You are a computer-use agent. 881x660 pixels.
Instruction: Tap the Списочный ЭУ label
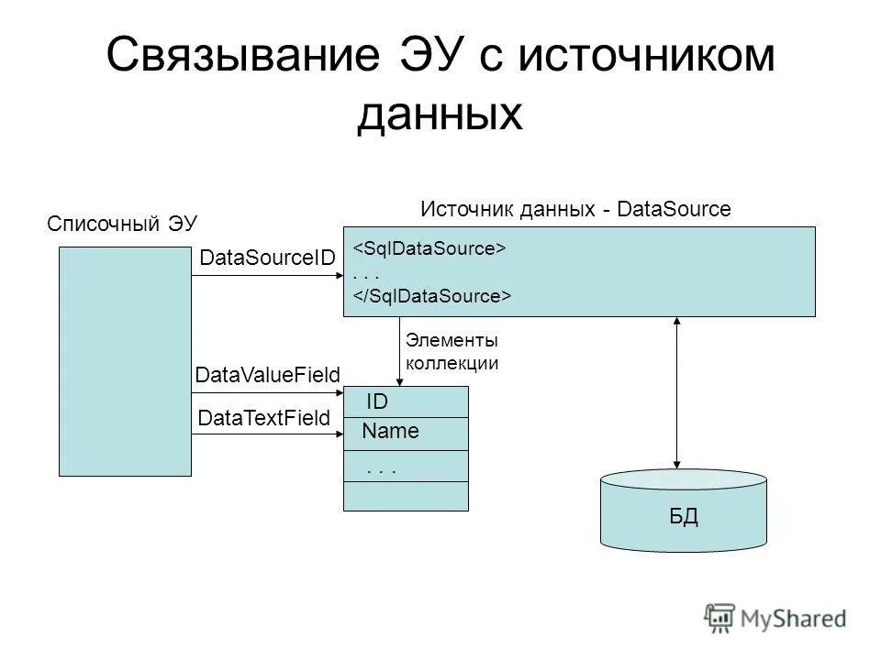tap(122, 224)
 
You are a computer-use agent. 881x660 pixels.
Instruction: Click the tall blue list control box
tap(127, 362)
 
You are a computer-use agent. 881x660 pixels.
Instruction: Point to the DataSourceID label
tap(267, 259)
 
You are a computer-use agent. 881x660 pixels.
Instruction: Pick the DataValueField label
tap(268, 374)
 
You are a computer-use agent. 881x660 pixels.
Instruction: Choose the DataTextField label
tap(263, 419)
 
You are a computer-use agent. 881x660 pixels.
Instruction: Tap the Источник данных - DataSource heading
tap(575, 209)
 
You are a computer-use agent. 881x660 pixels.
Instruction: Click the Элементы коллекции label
tap(452, 352)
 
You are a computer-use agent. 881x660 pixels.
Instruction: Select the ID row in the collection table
tap(406, 401)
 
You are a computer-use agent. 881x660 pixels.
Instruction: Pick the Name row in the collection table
tap(406, 433)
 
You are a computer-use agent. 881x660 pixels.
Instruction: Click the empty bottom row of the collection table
tap(406, 496)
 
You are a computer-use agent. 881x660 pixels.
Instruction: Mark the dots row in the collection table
tap(406, 466)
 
